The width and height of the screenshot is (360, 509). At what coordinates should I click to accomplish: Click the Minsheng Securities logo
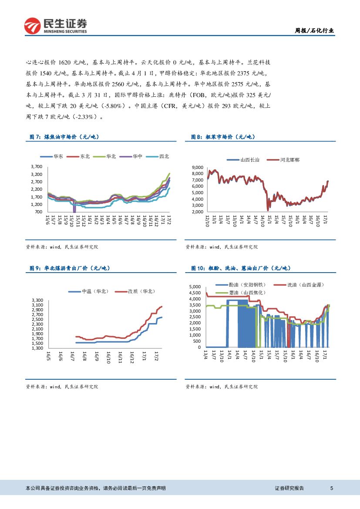pos(55,26)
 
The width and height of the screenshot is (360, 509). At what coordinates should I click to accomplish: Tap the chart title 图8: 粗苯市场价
pos(223,137)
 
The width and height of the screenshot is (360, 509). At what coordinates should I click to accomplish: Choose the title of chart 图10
pos(241,268)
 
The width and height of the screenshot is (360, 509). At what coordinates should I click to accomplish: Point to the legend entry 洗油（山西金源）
pos(306,285)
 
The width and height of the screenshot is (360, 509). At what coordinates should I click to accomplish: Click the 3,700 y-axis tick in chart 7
pos(37,167)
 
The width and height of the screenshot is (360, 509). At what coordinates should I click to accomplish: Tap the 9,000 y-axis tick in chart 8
pos(198,167)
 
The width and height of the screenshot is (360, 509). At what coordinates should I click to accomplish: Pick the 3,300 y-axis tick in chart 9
pos(37,300)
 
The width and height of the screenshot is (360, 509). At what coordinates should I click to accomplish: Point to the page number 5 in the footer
pos(332,489)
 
